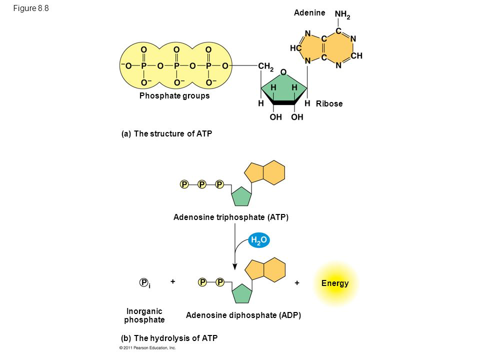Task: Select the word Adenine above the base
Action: tap(309, 12)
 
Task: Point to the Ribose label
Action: tap(329, 103)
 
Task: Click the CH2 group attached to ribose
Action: tap(265, 65)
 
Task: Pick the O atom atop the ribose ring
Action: tap(283, 73)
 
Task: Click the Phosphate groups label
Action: tap(174, 95)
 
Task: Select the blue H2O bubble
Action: tap(259, 241)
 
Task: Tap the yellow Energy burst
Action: tap(335, 283)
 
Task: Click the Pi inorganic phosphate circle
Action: tap(144, 283)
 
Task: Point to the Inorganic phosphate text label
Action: tap(144, 315)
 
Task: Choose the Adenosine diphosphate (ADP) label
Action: tap(243, 315)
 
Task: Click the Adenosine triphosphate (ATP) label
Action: tap(231, 217)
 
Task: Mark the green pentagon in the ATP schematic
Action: tap(241, 196)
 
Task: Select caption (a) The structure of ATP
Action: tap(163, 133)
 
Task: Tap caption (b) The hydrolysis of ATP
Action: tap(169, 338)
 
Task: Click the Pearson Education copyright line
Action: tap(147, 347)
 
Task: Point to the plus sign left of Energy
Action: tap(297, 283)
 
